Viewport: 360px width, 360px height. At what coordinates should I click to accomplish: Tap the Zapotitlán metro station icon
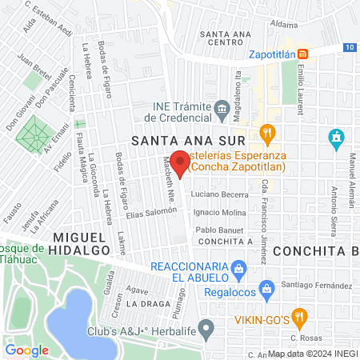[304, 54]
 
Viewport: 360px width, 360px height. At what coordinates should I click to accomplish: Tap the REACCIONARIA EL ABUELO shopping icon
[238, 267]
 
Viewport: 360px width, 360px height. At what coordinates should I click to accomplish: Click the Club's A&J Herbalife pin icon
[206, 328]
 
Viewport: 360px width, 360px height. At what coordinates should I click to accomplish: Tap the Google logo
[27, 350]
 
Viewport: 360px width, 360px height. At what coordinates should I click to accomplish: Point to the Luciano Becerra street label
[220, 195]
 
